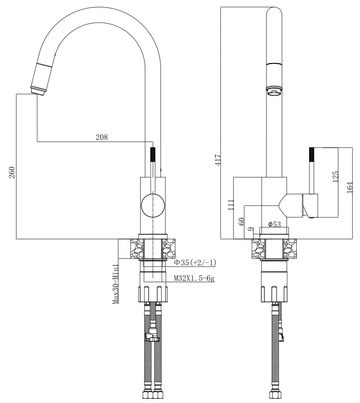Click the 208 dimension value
tap(102, 137)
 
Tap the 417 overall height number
tap(218, 159)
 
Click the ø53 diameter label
tap(275, 224)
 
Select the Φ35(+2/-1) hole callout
tap(195, 263)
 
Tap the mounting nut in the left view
tap(153, 293)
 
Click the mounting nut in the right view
tap(275, 293)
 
